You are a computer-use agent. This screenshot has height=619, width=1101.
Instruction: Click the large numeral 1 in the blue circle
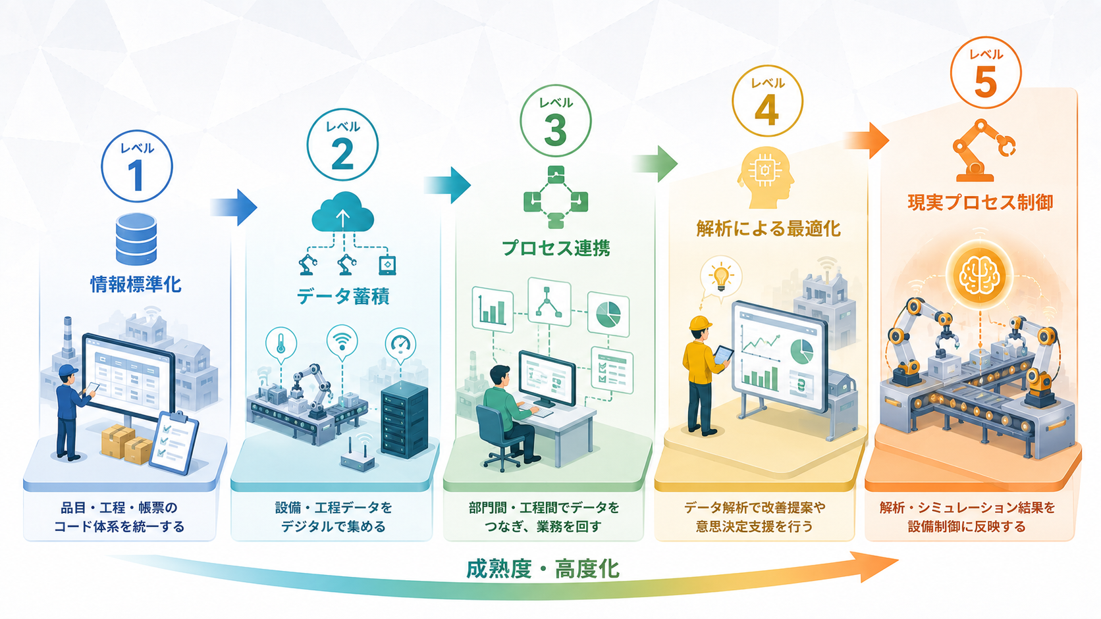[136, 175]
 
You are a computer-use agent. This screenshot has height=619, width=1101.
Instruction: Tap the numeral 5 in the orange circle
[986, 82]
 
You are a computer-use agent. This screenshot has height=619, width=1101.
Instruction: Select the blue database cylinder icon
[136, 239]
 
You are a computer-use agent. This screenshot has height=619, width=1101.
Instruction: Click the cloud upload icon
[342, 212]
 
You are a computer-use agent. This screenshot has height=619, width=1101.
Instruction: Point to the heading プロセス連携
[556, 248]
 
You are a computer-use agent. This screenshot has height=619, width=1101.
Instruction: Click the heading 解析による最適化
[768, 229]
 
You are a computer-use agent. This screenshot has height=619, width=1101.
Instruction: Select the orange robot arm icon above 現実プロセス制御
[984, 150]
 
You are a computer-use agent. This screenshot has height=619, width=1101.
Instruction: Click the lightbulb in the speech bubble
[720, 277]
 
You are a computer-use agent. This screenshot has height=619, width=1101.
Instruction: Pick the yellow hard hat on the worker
[701, 323]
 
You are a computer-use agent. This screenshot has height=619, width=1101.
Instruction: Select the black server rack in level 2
[404, 420]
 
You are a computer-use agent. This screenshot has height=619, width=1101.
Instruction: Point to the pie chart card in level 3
[608, 314]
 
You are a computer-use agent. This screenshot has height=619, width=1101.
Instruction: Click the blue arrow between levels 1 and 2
[234, 207]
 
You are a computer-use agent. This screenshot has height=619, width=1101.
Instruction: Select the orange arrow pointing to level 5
[867, 140]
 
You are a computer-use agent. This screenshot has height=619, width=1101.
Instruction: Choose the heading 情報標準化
[136, 284]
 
